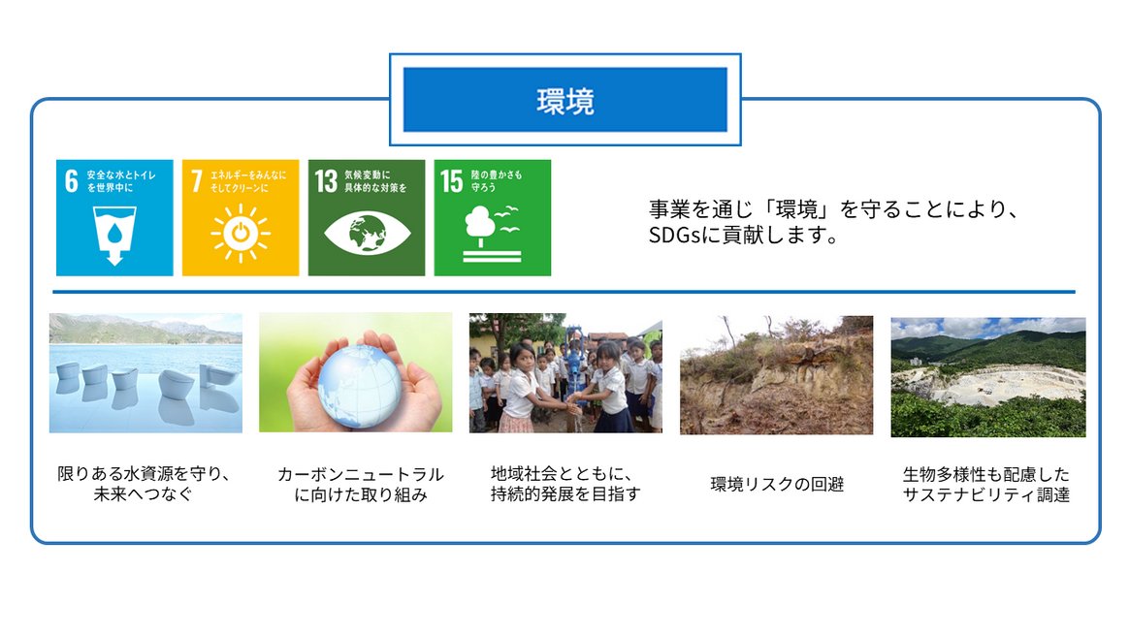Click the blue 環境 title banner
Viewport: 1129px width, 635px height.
pos(565,99)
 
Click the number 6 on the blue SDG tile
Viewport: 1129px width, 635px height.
pos(71,180)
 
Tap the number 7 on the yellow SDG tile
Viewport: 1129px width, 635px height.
pos(197,180)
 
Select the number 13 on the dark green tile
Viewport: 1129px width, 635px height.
pos(326,180)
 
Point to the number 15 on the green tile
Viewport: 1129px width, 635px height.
pos(451,180)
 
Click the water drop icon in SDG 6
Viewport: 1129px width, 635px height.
pos(114,233)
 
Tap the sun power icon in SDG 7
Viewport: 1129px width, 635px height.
pos(241,233)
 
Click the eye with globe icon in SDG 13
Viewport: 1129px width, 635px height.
pos(368,234)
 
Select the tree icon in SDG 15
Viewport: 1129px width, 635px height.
pos(480,222)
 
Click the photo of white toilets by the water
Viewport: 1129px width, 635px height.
pos(145,372)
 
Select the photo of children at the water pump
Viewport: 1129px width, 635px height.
pos(565,372)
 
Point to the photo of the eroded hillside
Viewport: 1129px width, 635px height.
pos(776,374)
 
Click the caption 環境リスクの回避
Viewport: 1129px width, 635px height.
pos(777,484)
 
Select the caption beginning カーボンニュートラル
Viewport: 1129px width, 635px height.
pos(361,484)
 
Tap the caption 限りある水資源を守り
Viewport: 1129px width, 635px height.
pos(144,474)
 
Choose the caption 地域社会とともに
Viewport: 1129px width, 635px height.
pos(562,474)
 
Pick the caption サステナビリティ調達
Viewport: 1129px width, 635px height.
pos(986,494)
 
